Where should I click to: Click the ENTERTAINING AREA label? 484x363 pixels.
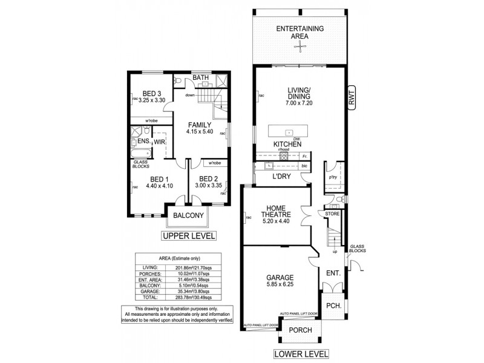[300, 32]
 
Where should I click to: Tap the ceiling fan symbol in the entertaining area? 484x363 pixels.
[300, 42]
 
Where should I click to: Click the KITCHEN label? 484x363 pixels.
[288, 145]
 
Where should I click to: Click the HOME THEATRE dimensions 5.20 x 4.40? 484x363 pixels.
[276, 221]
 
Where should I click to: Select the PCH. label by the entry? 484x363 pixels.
[332, 306]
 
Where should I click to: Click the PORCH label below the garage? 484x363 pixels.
[300, 330]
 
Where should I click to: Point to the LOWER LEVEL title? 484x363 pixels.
[301, 353]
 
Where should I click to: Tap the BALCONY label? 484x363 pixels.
[188, 215]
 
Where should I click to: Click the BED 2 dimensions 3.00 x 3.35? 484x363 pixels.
[208, 186]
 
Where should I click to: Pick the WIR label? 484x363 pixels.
[159, 141]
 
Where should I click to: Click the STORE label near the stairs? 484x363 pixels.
[332, 213]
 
